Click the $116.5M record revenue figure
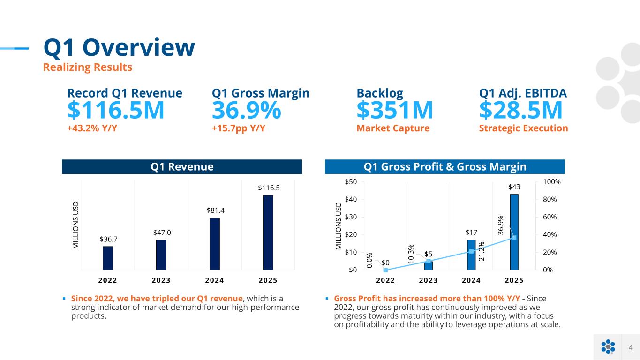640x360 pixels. (x=116, y=111)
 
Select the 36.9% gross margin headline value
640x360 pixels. (x=247, y=111)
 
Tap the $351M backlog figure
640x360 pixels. (x=395, y=111)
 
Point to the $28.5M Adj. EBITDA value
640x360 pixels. (x=520, y=111)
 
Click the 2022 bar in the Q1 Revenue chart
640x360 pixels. (x=108, y=258)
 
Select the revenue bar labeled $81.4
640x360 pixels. (x=215, y=244)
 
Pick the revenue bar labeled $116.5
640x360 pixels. (x=268, y=232)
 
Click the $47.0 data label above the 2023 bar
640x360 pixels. (x=161, y=232)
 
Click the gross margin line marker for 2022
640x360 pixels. (x=385, y=270)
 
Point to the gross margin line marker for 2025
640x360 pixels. (x=514, y=238)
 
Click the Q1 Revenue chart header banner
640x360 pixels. (x=182, y=167)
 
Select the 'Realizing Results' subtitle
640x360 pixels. (x=88, y=67)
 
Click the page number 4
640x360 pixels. (x=631, y=347)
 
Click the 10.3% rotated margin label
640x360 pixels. (x=411, y=254)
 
